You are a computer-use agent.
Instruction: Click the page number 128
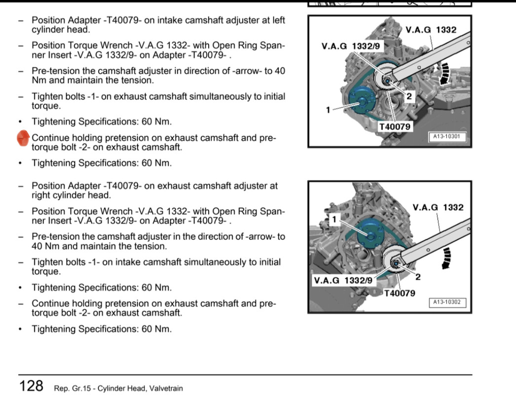click(x=32, y=386)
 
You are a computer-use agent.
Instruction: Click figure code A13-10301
click(x=447, y=137)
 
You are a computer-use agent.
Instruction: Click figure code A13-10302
click(x=447, y=302)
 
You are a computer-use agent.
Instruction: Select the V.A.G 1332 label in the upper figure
click(x=431, y=30)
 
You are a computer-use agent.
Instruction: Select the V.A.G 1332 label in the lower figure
click(x=438, y=207)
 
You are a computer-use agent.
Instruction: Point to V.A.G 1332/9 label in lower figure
click(x=343, y=280)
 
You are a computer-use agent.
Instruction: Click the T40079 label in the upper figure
click(x=394, y=127)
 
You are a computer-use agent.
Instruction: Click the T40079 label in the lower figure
click(x=399, y=293)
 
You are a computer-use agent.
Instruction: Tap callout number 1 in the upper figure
click(x=328, y=110)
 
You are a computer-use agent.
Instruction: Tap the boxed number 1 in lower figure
click(x=334, y=219)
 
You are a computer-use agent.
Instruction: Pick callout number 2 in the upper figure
click(x=409, y=97)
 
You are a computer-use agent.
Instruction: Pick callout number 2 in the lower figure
click(x=418, y=277)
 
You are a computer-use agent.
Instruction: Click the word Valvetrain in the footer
click(x=165, y=389)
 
